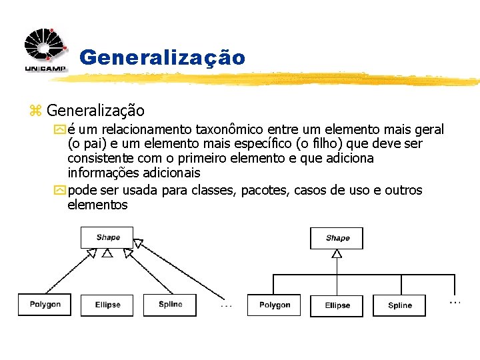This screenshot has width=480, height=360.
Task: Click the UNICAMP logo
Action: pos(45,50)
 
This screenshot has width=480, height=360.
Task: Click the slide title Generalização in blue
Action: pos(162,58)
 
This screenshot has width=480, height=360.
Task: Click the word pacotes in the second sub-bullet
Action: pos(267,190)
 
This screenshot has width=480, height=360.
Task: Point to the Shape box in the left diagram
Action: pos(107,237)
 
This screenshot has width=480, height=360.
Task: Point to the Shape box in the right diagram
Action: pos(337,238)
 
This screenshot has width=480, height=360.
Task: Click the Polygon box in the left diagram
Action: pos(45,305)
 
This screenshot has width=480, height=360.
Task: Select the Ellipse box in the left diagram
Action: pos(107,305)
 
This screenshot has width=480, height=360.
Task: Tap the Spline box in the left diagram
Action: pos(170,305)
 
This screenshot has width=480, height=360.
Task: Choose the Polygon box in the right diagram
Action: pos(274,305)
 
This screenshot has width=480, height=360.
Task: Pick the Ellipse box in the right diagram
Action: pos(337,305)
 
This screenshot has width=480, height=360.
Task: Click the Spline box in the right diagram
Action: pos(400,305)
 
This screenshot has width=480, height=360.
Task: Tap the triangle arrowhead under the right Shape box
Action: pos(337,254)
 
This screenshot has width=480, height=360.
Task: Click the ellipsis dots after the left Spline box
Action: pos(226,306)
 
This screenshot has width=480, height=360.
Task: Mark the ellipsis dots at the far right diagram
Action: pos(455,302)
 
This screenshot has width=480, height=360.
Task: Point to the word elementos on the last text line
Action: pos(97,205)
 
